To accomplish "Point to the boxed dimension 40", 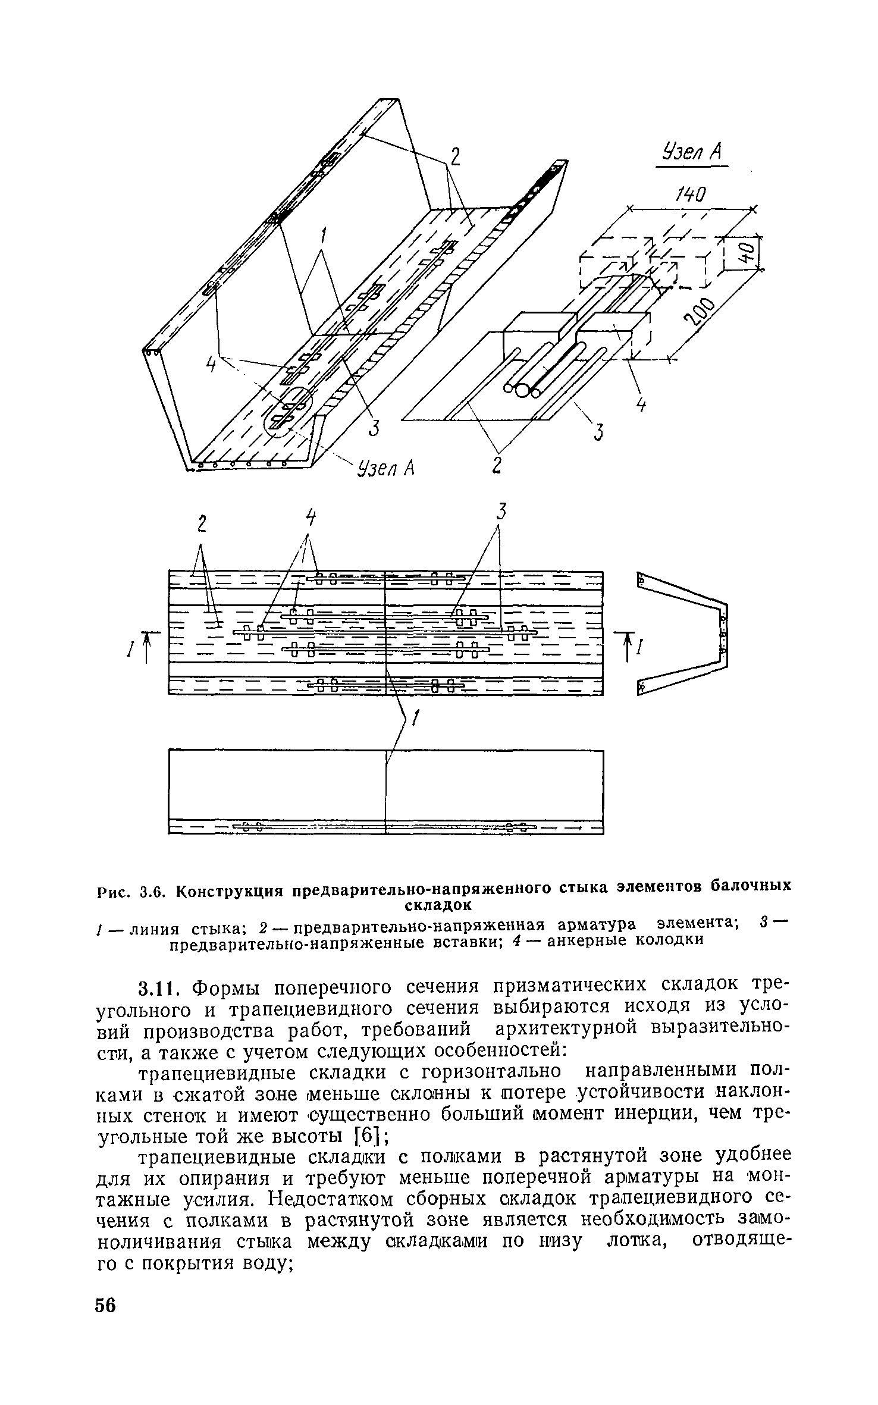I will pos(750,252).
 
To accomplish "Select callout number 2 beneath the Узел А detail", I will pos(497,465).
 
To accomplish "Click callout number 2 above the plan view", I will pos(202,524).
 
